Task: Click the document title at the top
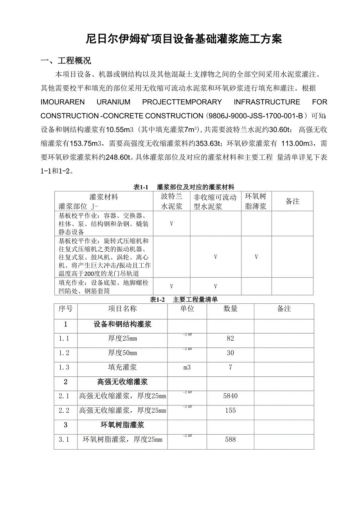pyautogui.click(x=184, y=39)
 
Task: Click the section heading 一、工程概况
pyautogui.click(x=66, y=61)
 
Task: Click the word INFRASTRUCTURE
pyautogui.click(x=267, y=102)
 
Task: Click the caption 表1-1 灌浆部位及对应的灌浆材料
pyautogui.click(x=184, y=187)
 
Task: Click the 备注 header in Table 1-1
pyautogui.click(x=292, y=201)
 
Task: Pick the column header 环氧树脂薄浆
pyautogui.click(x=256, y=201)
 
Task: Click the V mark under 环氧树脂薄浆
pyautogui.click(x=256, y=257)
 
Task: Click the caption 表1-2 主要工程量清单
pyautogui.click(x=184, y=299)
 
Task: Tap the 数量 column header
pyautogui.click(x=230, y=309)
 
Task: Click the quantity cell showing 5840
pyautogui.click(x=230, y=396)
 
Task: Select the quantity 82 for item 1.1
pyautogui.click(x=230, y=339)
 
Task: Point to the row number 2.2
pyautogui.click(x=64, y=410)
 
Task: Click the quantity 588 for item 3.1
pyautogui.click(x=230, y=439)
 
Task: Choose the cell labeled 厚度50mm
pyautogui.click(x=122, y=353)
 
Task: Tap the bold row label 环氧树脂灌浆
pyautogui.click(x=122, y=425)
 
